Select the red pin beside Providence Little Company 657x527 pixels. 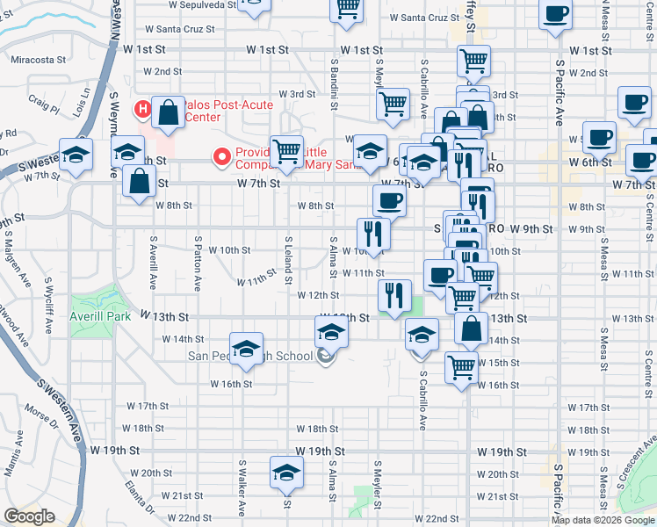tap(222, 157)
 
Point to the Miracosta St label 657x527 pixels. tap(39, 60)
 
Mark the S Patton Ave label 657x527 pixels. tap(199, 263)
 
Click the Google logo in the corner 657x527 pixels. tap(29, 516)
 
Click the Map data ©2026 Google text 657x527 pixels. tap(602, 520)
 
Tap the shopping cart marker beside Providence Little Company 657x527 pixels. tap(287, 151)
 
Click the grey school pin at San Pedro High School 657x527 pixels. tap(326, 356)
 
